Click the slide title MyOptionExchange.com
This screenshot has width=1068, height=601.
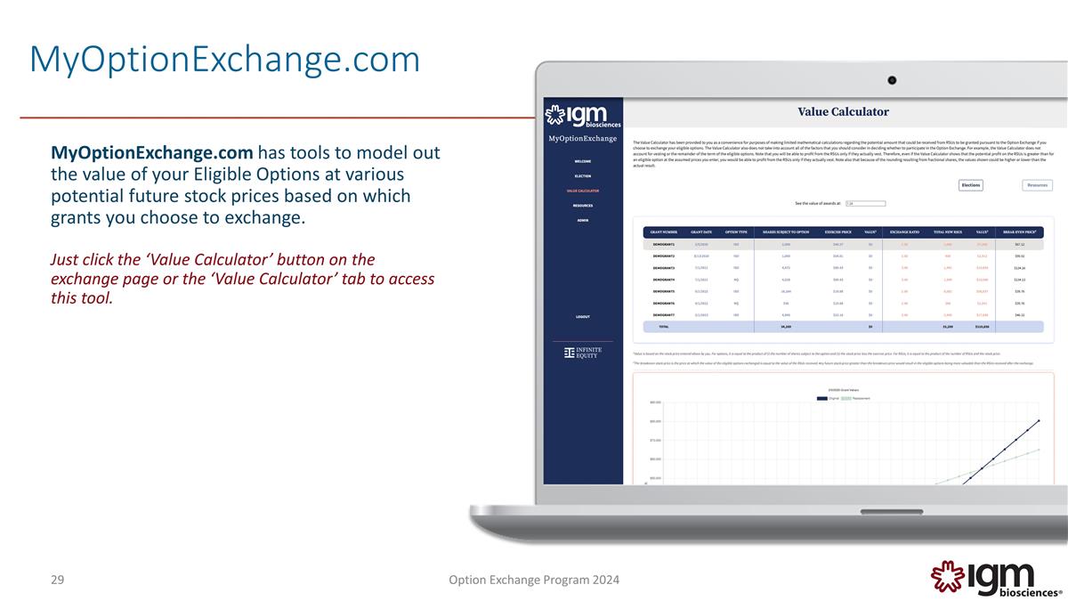pos(224,61)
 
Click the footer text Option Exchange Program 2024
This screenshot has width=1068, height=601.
pos(535,581)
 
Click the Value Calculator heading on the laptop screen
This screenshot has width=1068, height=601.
pos(842,111)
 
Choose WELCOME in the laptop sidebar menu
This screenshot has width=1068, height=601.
pos(582,161)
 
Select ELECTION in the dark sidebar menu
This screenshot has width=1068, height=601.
pos(582,176)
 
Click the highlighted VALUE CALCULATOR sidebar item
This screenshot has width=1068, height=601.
pos(582,191)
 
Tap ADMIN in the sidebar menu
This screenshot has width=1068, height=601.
pos(582,220)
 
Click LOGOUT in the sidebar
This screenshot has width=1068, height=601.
pos(582,317)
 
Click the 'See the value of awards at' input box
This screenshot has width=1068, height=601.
pos(860,203)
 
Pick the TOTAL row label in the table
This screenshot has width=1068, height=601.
pos(663,327)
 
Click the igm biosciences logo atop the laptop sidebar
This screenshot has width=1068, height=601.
pos(582,117)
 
